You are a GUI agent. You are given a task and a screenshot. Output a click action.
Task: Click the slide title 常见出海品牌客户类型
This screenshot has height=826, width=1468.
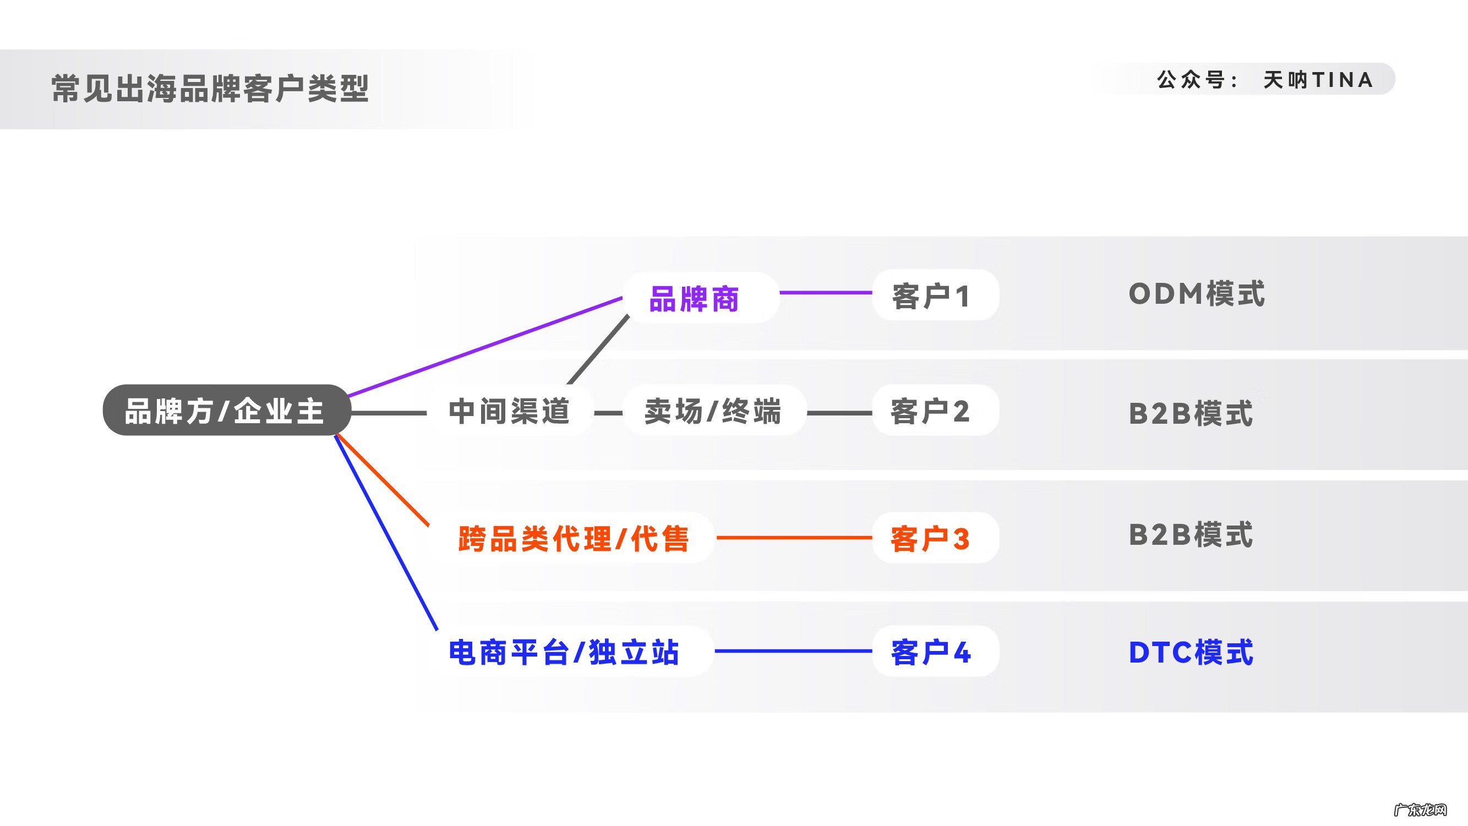210,89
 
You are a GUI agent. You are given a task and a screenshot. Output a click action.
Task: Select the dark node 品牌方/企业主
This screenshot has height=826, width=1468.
226,411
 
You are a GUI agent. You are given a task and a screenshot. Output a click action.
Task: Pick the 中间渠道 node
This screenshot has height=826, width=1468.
509,411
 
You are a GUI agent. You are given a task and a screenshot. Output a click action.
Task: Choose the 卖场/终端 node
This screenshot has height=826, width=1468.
712,411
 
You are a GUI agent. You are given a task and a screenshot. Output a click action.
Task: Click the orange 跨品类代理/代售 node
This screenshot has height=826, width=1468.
574,538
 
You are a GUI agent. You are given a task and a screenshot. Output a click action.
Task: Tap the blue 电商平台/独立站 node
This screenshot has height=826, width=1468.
564,652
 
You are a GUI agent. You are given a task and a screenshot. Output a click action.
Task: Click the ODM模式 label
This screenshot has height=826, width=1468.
1196,294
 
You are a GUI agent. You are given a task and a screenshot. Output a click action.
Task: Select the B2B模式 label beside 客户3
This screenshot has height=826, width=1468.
1191,535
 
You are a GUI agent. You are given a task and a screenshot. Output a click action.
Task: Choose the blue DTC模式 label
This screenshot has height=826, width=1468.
1191,652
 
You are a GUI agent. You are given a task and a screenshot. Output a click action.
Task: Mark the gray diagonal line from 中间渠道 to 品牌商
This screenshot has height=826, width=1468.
598,349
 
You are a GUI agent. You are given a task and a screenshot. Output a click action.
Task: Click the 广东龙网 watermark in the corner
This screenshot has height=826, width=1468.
1420,809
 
